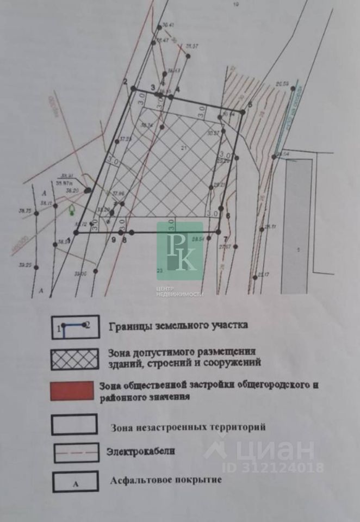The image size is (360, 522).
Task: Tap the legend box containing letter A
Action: click(75, 481)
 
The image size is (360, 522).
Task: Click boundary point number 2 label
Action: click(125, 82)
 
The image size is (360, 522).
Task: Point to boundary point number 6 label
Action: click(228, 216)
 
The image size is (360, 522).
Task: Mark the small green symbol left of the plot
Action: click(72, 210)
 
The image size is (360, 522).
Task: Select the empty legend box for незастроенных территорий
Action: click(75, 424)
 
